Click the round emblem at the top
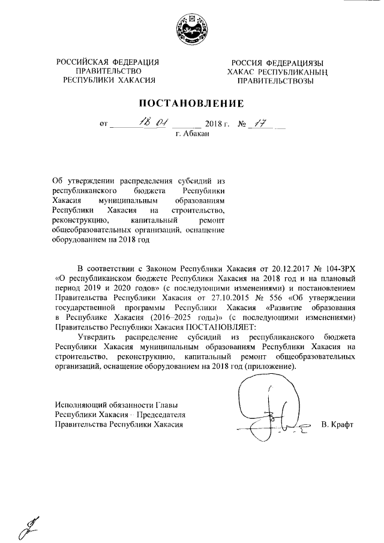tap(191, 28)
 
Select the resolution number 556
tap(271, 298)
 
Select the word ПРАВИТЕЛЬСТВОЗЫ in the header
tap(275, 81)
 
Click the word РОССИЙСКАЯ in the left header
tap(81, 62)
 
